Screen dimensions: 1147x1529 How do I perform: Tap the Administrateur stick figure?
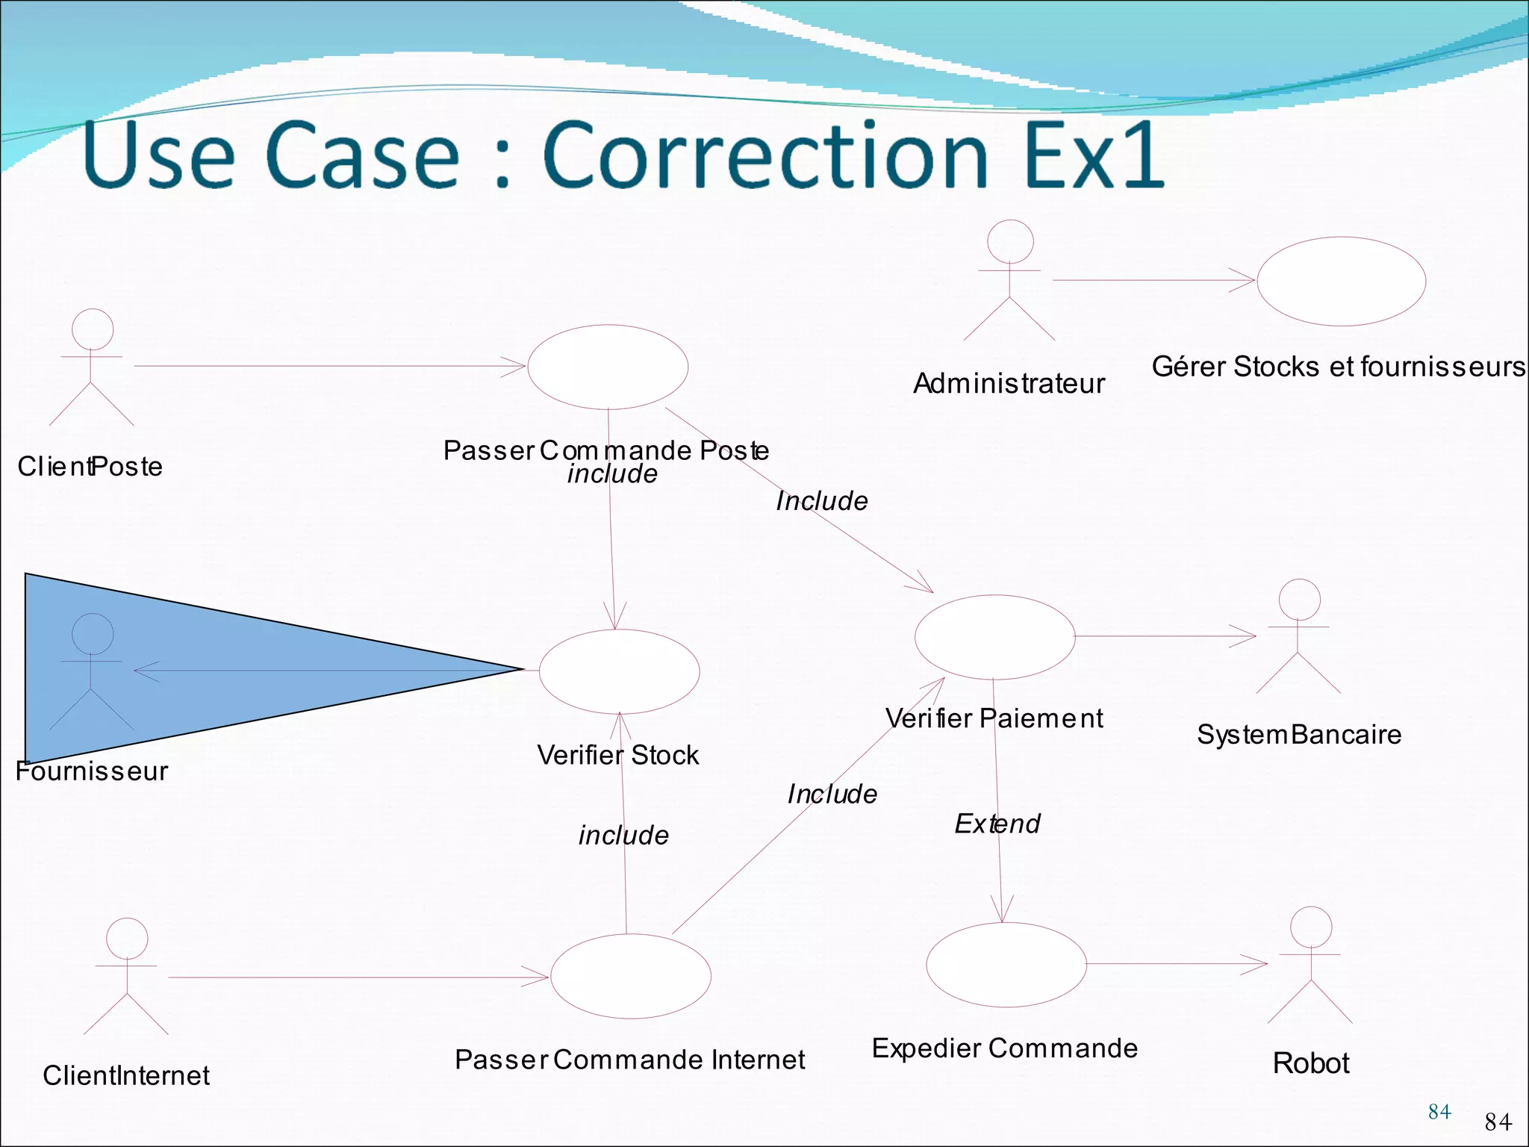point(1009,281)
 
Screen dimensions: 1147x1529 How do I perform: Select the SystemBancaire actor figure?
point(1299,636)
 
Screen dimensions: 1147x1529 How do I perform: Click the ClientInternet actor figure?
point(126,976)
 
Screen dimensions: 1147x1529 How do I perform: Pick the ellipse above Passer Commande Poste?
point(608,367)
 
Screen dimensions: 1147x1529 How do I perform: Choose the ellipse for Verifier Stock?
point(619,671)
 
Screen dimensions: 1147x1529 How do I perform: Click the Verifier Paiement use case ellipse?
point(994,637)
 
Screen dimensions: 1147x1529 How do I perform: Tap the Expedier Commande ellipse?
point(1006,965)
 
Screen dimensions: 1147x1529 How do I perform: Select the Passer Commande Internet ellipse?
point(631,976)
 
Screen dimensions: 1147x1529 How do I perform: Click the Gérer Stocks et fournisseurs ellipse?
point(1342,282)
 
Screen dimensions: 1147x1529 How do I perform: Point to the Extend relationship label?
point(997,824)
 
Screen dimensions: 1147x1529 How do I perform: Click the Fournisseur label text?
point(92,771)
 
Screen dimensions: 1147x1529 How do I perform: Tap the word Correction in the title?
point(766,155)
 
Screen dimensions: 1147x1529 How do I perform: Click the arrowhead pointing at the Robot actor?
point(1258,964)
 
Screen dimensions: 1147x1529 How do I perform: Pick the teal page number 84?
point(1439,1112)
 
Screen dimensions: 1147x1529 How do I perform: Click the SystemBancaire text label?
point(1299,735)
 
